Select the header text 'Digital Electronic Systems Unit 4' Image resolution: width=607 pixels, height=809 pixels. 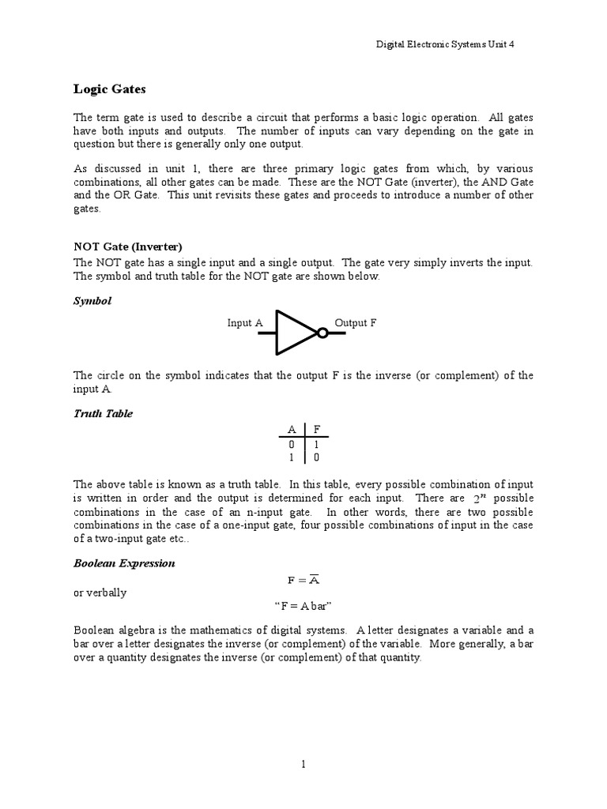(445, 45)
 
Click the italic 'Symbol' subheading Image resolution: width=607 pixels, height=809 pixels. (92, 302)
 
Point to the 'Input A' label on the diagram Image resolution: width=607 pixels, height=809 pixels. (245, 323)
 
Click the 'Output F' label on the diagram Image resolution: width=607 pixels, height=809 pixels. (356, 323)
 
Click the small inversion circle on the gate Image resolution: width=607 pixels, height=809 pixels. (322, 333)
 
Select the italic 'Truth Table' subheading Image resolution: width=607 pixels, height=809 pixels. (103, 414)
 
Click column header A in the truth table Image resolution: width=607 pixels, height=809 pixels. (292, 429)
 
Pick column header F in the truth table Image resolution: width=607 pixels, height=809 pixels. (316, 429)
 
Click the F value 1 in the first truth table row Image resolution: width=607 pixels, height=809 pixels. (316, 444)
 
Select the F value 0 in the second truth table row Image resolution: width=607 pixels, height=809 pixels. (316, 457)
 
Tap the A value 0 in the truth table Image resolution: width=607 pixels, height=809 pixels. (292, 444)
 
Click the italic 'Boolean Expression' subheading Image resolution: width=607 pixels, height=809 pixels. (124, 563)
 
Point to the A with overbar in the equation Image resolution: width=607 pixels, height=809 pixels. (313, 579)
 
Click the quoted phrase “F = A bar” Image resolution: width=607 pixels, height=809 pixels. (303, 606)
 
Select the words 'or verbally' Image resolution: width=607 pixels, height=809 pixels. (100, 593)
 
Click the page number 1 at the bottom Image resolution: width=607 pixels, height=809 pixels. (303, 764)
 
